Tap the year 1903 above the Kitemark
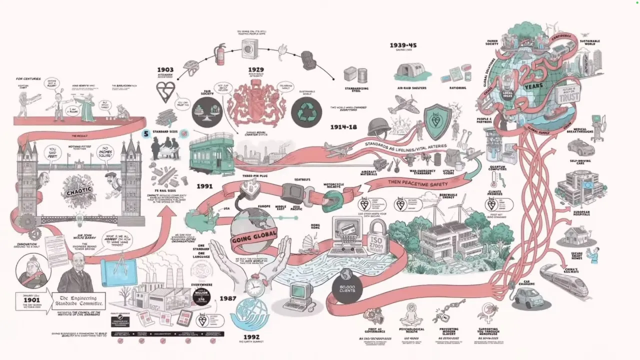(165, 69)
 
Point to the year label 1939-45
(403, 45)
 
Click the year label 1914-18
(343, 127)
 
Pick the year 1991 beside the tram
(204, 186)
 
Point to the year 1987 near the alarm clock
(227, 298)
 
